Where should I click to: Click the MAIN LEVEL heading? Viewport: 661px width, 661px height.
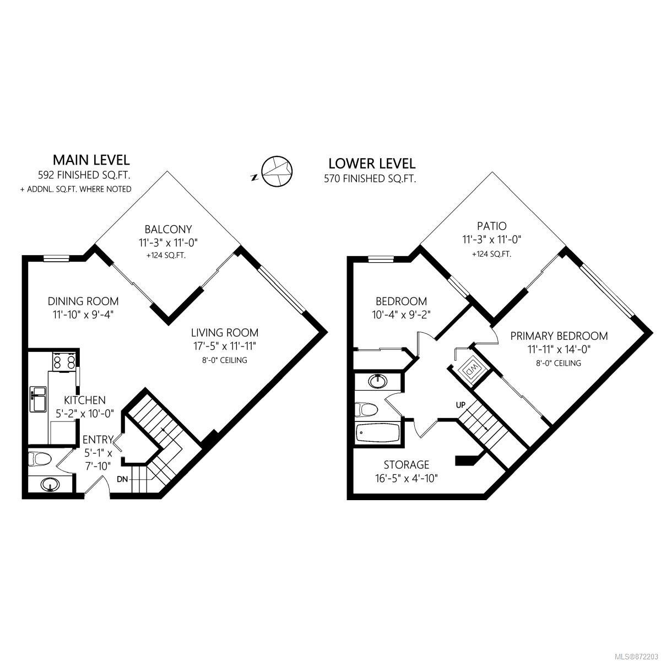coord(91,160)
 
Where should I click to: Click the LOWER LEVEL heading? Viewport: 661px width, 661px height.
coord(372,164)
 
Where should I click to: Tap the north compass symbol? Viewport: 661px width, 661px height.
coord(277,171)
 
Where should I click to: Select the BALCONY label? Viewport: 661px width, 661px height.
coord(168,229)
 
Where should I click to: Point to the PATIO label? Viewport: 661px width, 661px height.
coord(491,226)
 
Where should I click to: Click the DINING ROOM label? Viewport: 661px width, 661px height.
coord(83,301)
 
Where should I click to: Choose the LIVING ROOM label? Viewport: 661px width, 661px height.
coord(225,332)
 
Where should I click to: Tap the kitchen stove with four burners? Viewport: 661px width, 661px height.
coord(64,361)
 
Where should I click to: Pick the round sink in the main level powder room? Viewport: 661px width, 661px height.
coord(51,485)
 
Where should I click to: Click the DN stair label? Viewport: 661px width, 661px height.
coord(122,479)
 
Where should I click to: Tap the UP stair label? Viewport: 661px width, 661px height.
coord(460,405)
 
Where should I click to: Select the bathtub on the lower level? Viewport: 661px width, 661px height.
coord(378,434)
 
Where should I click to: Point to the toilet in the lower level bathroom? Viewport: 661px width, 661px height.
coord(366,409)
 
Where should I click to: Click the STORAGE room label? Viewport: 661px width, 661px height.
coord(407,464)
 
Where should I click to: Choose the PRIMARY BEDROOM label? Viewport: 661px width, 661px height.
coord(559,336)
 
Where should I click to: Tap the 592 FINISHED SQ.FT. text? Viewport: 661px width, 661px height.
coord(84,175)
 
